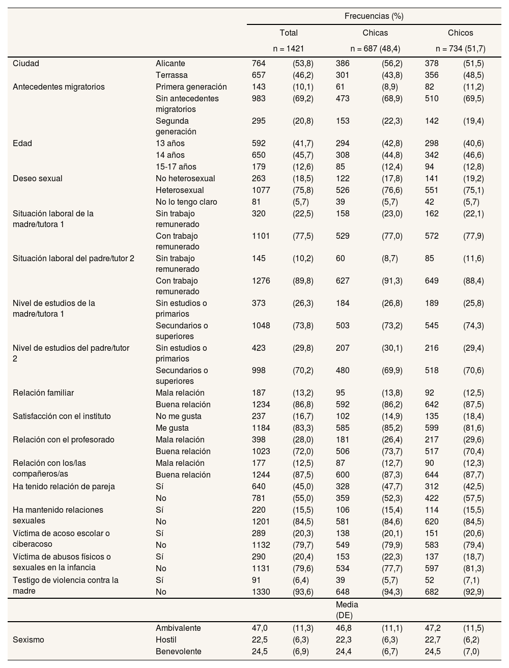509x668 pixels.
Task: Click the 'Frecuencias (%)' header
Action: pyautogui.click(x=374, y=16)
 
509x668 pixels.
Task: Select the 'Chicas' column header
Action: pyautogui.click(x=375, y=33)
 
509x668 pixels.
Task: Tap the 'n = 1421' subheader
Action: pyautogui.click(x=289, y=49)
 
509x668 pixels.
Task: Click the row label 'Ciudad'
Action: pyautogui.click(x=26, y=64)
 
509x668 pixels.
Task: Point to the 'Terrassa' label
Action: pyautogui.click(x=172, y=75)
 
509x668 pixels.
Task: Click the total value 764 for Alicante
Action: pyautogui.click(x=259, y=64)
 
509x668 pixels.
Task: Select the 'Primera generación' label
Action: pyautogui.click(x=191, y=87)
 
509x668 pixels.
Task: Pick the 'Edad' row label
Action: pyautogui.click(x=22, y=144)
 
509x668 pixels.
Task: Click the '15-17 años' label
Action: pyautogui.click(x=176, y=167)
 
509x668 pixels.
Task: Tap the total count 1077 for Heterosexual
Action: pyautogui.click(x=261, y=190)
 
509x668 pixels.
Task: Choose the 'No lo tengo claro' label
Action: pyautogui.click(x=186, y=202)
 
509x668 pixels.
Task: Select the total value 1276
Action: pyautogui.click(x=261, y=281)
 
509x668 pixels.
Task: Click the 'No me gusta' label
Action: pyautogui.click(x=179, y=416)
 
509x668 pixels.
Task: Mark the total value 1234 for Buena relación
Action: pyautogui.click(x=261, y=405)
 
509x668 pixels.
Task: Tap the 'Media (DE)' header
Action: pyautogui.click(x=347, y=610)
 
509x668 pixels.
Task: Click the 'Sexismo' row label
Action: pyautogui.click(x=28, y=640)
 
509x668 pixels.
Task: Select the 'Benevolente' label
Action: pyautogui.click(x=178, y=652)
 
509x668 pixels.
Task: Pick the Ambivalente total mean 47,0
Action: pyautogui.click(x=260, y=628)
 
